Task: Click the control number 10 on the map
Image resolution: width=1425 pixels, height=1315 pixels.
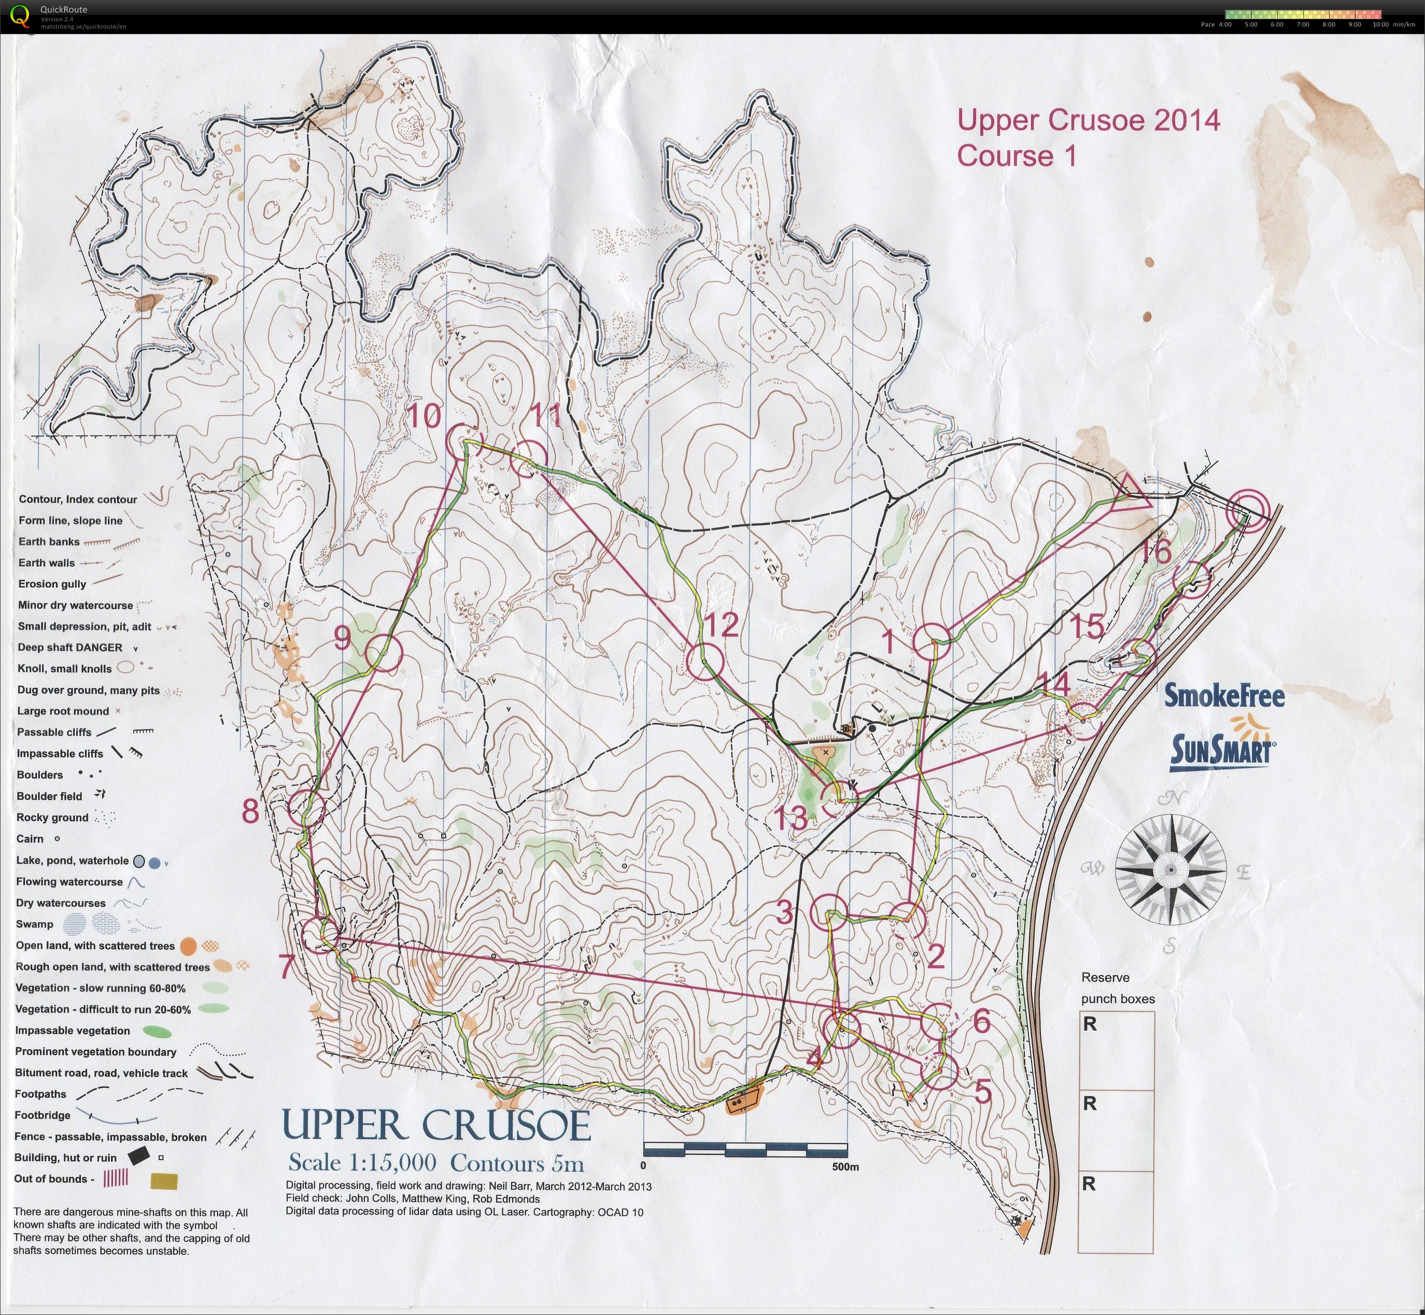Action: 424,416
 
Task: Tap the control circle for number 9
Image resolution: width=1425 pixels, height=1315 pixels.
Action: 385,652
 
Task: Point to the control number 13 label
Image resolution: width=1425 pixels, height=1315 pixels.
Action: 790,818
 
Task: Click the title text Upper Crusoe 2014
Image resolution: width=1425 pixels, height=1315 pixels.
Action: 1088,120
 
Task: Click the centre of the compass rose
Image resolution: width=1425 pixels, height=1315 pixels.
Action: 1170,869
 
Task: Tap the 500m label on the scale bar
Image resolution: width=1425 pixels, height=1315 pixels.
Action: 845,1166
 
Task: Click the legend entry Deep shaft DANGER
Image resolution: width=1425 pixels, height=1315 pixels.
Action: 70,648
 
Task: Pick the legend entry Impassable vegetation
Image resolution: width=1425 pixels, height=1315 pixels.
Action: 72,1031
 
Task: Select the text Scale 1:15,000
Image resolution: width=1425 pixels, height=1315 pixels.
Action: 362,1163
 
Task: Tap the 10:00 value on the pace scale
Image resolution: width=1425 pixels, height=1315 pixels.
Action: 1380,25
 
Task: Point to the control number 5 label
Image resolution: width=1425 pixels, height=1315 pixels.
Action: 982,1091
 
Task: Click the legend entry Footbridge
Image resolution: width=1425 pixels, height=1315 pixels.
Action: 42,1115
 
